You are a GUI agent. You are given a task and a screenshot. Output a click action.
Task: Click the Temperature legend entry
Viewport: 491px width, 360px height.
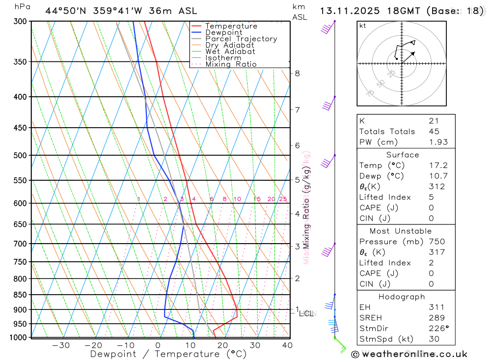231,26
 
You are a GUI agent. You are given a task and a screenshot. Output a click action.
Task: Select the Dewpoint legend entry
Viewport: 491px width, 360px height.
224,32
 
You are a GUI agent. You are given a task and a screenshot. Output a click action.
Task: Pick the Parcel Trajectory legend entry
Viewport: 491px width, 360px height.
241,39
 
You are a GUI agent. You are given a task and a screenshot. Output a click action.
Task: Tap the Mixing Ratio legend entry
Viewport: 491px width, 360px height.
231,64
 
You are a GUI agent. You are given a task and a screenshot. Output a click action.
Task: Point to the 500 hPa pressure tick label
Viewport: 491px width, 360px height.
20,155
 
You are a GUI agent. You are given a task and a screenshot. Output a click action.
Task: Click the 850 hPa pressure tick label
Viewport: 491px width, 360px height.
20,295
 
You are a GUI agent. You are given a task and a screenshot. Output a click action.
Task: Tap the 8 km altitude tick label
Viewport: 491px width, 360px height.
297,74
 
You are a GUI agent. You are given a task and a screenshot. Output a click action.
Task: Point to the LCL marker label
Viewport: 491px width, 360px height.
306,313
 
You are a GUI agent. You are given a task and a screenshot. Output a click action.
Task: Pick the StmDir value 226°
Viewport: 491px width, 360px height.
436,328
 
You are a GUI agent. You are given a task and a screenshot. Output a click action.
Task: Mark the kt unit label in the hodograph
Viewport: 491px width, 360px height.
363,26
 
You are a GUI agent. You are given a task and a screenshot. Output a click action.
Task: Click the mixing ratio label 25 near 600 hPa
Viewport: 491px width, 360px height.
283,199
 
